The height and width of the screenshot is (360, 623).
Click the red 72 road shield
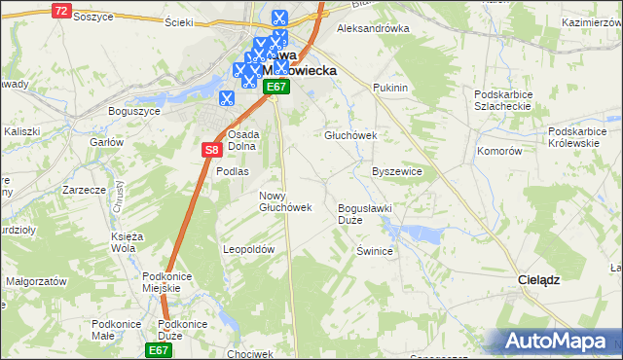(x=61, y=10)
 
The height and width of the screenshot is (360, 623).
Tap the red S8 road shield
(x=212, y=149)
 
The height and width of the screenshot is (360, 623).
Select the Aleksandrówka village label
(x=372, y=28)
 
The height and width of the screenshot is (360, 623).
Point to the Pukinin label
(x=389, y=88)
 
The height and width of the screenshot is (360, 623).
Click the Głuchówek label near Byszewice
(x=350, y=136)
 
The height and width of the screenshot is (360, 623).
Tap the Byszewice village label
(x=397, y=171)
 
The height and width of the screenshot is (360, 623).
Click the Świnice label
(x=374, y=250)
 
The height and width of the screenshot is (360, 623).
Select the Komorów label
(x=500, y=152)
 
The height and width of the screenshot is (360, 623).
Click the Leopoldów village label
(x=250, y=249)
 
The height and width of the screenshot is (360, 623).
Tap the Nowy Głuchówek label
(x=284, y=201)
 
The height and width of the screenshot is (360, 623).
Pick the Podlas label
(x=233, y=171)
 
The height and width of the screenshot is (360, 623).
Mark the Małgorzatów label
(x=35, y=280)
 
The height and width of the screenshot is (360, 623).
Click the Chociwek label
(x=249, y=353)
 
